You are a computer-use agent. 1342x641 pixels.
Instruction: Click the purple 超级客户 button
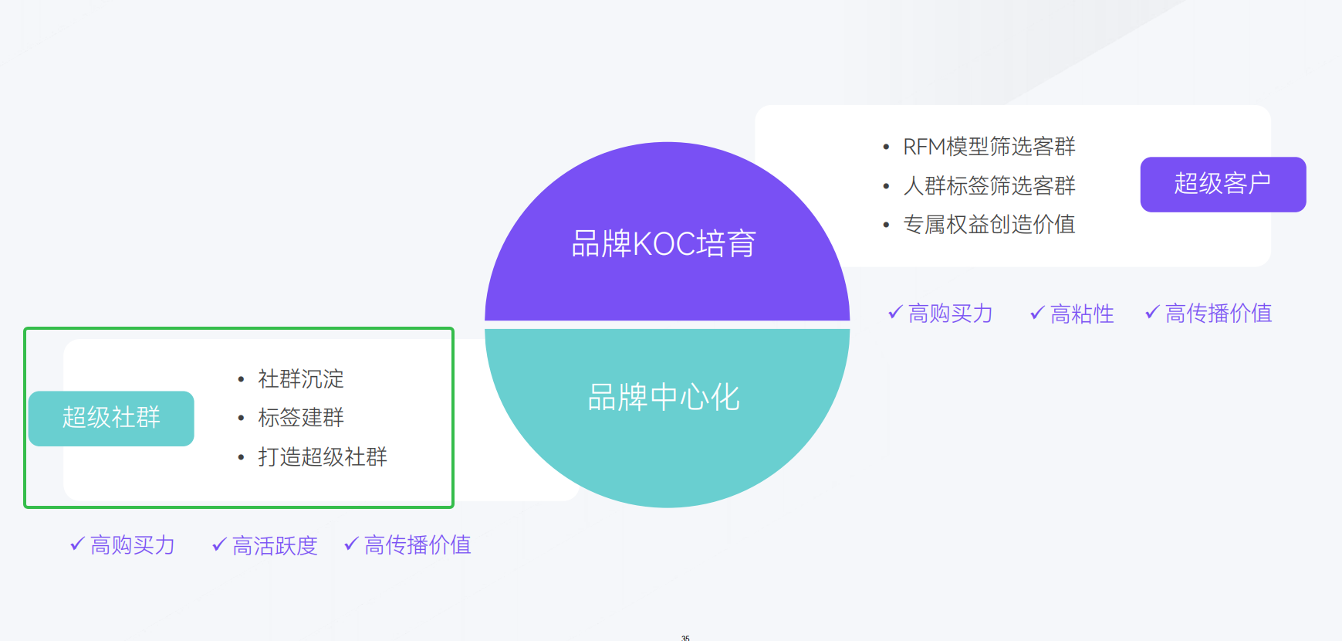pyautogui.click(x=1223, y=185)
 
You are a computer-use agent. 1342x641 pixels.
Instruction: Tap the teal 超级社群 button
pyautogui.click(x=111, y=419)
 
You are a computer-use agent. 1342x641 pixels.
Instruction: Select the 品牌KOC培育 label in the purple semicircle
pyautogui.click(x=664, y=244)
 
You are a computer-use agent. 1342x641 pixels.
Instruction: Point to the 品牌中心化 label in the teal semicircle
pyautogui.click(x=664, y=398)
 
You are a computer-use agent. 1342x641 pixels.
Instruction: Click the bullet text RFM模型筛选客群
pyautogui.click(x=989, y=147)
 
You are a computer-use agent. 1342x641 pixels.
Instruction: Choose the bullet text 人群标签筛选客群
pyautogui.click(x=989, y=185)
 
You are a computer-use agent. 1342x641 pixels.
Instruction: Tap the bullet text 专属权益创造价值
pyautogui.click(x=989, y=225)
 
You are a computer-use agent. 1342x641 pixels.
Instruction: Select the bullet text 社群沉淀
pyautogui.click(x=301, y=379)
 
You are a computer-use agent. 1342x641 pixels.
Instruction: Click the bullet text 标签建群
pyautogui.click(x=301, y=418)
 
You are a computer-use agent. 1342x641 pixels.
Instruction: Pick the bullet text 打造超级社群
pyautogui.click(x=323, y=457)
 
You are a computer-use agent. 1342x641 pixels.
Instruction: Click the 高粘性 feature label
pyautogui.click(x=1082, y=314)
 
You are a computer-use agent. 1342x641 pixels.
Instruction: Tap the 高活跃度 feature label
pyautogui.click(x=275, y=545)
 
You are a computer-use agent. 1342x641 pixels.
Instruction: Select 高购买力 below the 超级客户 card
pyautogui.click(x=950, y=314)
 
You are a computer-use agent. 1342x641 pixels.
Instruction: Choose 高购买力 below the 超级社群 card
pyautogui.click(x=132, y=545)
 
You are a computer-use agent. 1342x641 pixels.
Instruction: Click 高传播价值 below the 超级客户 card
pyautogui.click(x=1219, y=313)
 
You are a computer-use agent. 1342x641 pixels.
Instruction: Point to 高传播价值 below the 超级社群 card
pyautogui.click(x=417, y=544)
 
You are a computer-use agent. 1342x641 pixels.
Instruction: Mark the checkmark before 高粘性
pyautogui.click(x=1037, y=313)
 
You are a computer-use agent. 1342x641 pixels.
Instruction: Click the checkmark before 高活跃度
pyautogui.click(x=219, y=544)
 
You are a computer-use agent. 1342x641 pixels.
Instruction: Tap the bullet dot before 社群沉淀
pyautogui.click(x=242, y=379)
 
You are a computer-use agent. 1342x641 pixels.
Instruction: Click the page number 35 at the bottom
pyautogui.click(x=685, y=638)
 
